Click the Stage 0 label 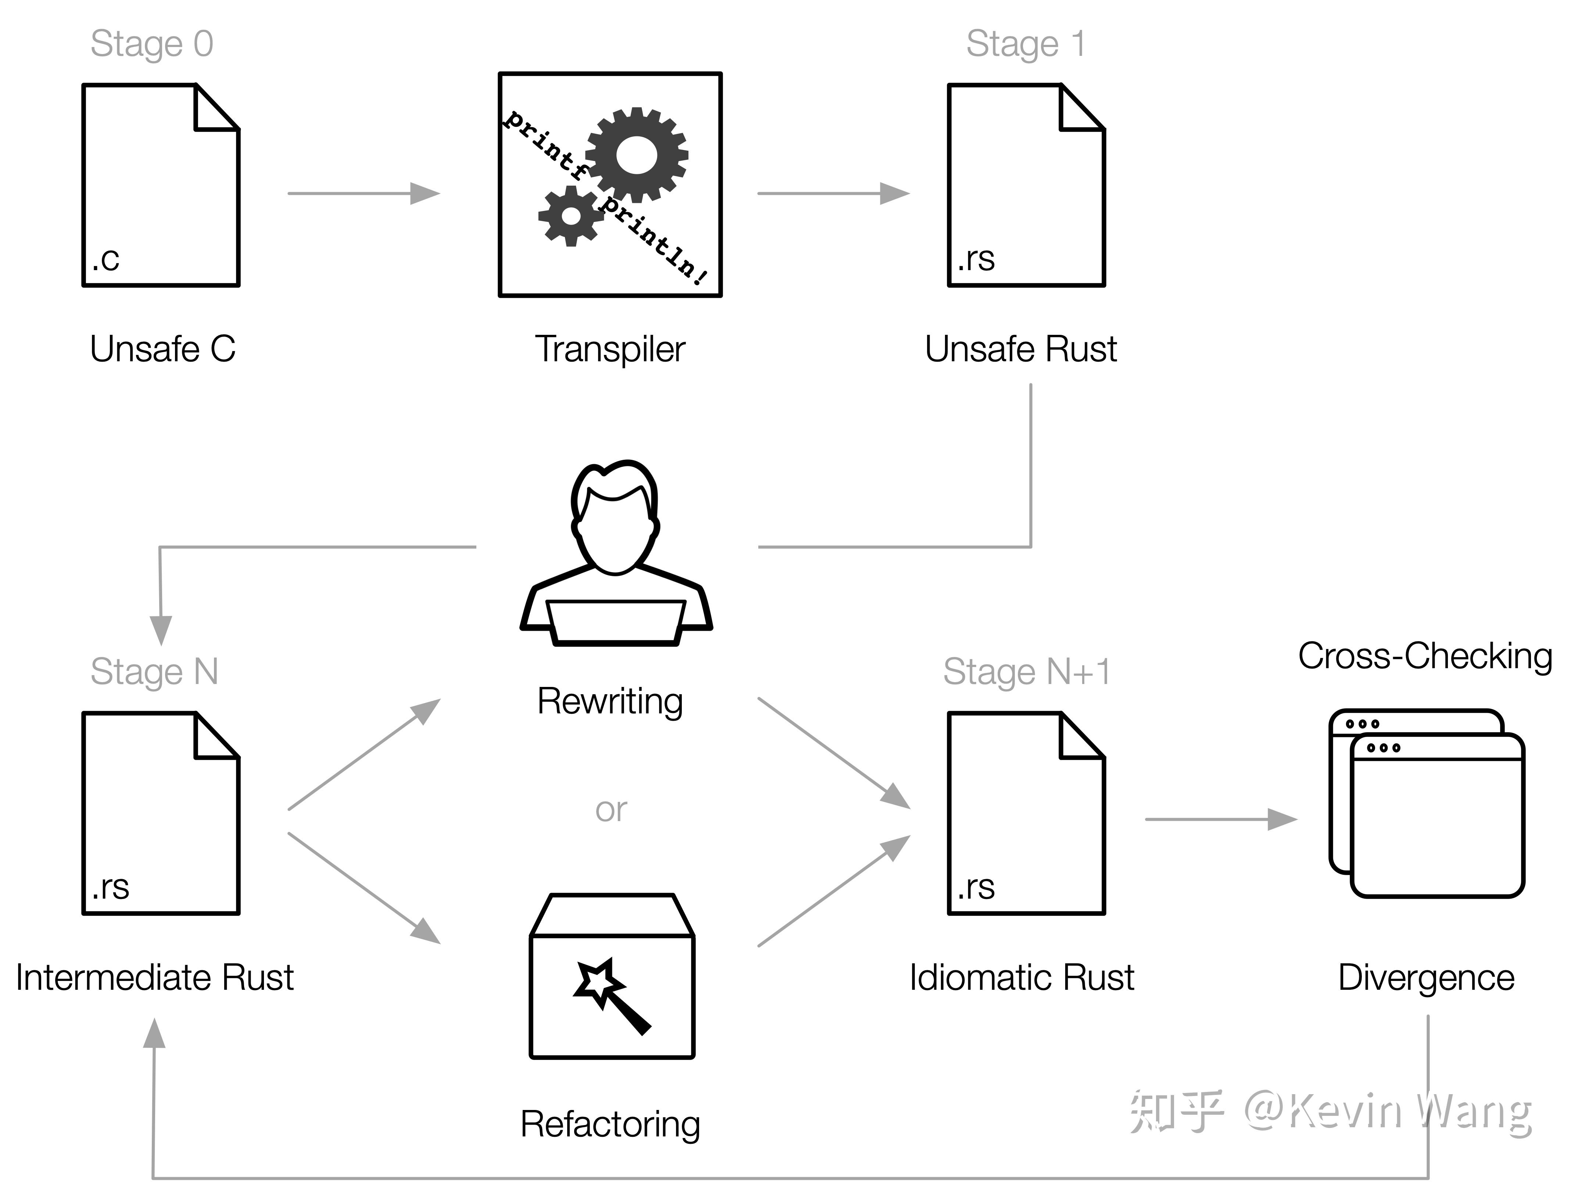(151, 44)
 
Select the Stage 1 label (1026, 44)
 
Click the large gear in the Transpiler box (636, 155)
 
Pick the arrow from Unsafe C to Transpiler (364, 193)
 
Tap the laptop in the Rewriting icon (615, 622)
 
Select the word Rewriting (610, 702)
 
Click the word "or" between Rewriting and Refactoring (611, 810)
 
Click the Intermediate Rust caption (155, 977)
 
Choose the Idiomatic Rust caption (1022, 977)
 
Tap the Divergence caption (1426, 977)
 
